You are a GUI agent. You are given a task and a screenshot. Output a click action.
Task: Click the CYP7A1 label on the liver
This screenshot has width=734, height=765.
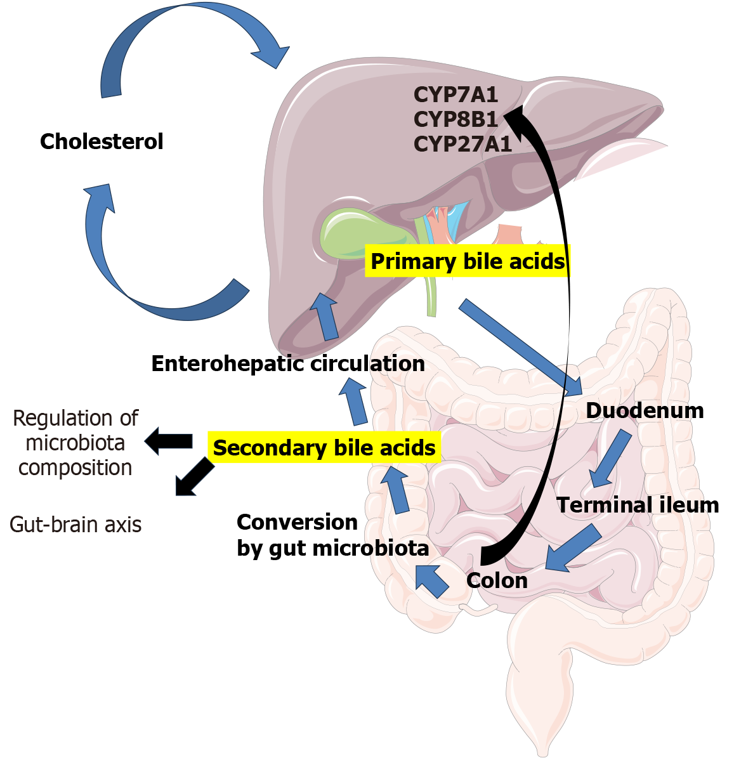click(455, 95)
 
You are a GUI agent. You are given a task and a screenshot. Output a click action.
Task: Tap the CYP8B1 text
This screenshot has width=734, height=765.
click(455, 119)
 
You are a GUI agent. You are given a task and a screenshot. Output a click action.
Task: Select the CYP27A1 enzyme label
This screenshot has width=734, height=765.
click(462, 144)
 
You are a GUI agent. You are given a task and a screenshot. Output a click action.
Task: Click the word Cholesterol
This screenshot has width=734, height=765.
click(102, 141)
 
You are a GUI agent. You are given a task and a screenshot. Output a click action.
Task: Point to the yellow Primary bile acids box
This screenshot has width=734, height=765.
click(468, 261)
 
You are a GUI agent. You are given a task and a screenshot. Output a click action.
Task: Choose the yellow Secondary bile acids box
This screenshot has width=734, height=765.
click(324, 448)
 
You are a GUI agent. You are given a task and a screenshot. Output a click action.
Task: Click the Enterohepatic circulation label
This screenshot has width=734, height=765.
click(288, 363)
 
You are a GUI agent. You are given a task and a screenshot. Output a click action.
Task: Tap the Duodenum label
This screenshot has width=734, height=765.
click(645, 410)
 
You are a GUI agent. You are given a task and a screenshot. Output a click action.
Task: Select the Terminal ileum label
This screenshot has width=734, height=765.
click(638, 505)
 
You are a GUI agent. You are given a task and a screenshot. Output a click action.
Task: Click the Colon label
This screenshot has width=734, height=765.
click(497, 580)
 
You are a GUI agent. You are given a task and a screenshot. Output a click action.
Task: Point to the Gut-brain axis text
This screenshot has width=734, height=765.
click(75, 525)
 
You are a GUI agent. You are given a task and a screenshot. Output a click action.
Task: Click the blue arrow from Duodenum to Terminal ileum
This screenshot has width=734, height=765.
click(610, 459)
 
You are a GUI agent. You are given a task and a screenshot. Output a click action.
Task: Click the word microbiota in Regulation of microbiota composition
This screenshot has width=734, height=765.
click(75, 443)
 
